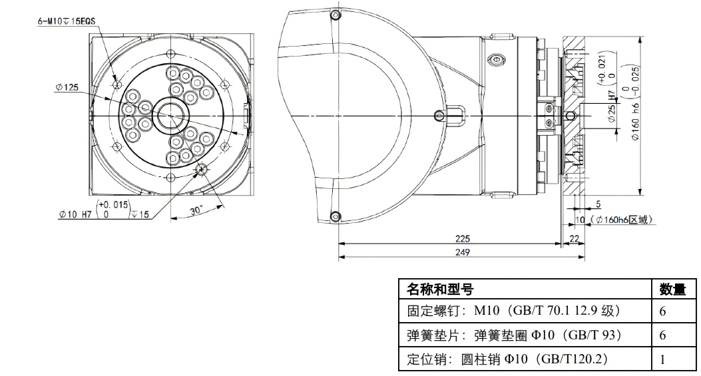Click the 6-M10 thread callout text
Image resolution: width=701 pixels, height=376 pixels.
click(x=67, y=21)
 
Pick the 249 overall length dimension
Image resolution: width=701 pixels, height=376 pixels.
click(x=462, y=252)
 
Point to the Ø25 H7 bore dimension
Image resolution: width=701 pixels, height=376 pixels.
click(x=612, y=109)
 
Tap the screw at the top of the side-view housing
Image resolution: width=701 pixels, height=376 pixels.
click(x=335, y=18)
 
